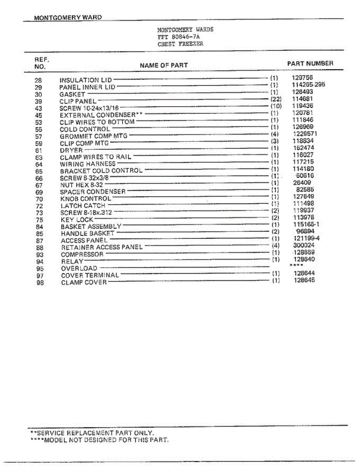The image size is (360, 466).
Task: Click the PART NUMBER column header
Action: click(x=310, y=63)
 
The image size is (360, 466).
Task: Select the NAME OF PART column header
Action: click(x=163, y=65)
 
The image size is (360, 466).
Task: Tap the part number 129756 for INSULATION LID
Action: click(x=302, y=78)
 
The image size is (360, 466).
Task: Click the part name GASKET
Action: click(x=72, y=94)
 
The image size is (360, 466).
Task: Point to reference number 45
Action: click(x=38, y=115)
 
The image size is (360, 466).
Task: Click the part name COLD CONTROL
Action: click(x=85, y=129)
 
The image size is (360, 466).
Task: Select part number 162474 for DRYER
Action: click(x=303, y=148)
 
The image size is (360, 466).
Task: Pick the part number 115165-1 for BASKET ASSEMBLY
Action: click(x=306, y=224)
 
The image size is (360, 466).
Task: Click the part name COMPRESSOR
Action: click(x=82, y=254)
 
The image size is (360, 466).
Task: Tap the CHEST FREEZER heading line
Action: click(x=180, y=44)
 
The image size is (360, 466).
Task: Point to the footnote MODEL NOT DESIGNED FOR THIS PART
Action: click(x=99, y=440)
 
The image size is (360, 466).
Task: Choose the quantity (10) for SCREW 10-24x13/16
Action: click(x=275, y=106)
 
